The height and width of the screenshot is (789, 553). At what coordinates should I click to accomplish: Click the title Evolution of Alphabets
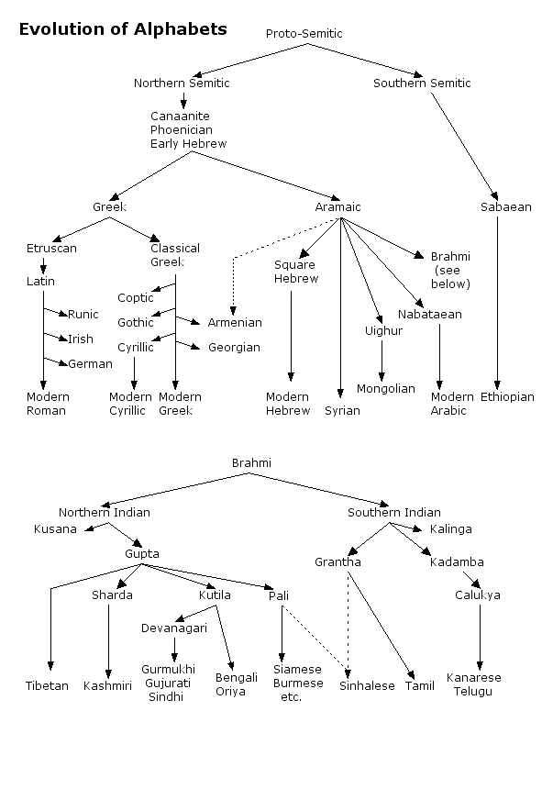click(x=123, y=29)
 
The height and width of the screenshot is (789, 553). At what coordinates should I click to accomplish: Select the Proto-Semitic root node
click(x=304, y=34)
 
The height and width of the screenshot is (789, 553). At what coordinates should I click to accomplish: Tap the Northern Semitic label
click(x=182, y=83)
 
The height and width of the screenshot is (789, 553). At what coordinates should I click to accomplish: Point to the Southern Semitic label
click(x=422, y=83)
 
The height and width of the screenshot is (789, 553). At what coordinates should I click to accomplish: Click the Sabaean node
click(x=505, y=207)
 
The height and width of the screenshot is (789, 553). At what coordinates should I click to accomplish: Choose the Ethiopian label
click(x=507, y=397)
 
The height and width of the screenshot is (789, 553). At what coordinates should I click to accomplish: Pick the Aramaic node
click(x=339, y=207)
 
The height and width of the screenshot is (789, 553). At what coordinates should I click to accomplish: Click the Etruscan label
click(x=51, y=249)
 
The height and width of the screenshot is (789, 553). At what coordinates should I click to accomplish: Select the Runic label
click(x=83, y=315)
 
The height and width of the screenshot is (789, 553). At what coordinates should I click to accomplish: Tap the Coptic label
click(x=135, y=298)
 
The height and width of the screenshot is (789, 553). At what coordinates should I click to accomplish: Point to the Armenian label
click(x=234, y=323)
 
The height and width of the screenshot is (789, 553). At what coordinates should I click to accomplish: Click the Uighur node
click(x=383, y=331)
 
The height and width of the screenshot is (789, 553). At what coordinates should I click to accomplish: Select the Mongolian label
click(x=385, y=389)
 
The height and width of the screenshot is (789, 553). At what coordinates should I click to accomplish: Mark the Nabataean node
click(x=429, y=315)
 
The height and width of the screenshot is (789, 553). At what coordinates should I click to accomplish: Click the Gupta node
click(x=142, y=554)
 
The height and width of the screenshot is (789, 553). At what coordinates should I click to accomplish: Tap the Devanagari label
click(x=173, y=628)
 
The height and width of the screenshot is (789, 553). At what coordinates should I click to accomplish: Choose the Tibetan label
click(x=47, y=686)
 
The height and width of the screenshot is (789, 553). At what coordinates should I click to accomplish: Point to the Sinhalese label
click(x=367, y=686)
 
